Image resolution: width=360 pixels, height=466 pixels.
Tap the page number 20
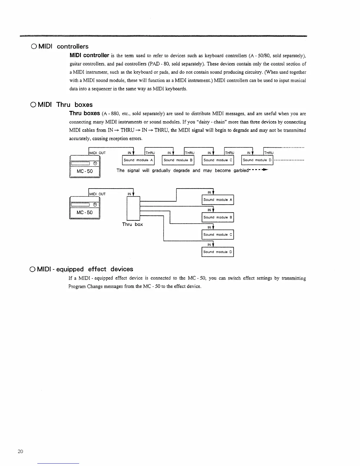coord(20,452)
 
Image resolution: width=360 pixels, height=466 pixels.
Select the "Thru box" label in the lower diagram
coord(132,224)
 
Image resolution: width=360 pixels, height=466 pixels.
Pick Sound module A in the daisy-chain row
coord(138,160)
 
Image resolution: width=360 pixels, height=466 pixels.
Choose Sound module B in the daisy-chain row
coord(178,160)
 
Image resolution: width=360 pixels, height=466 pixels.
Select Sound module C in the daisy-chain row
coord(218,160)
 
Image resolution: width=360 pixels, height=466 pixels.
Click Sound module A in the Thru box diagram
coord(218,200)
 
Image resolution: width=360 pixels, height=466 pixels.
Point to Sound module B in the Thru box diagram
coord(218,217)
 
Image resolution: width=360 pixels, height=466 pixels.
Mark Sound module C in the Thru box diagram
coord(218,235)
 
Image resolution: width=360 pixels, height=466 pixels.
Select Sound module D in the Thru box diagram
coord(218,252)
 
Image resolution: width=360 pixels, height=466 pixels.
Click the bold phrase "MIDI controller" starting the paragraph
coord(89,55)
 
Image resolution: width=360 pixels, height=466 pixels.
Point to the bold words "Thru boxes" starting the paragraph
coord(85,113)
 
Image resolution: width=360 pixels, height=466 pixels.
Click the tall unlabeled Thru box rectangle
coord(133,208)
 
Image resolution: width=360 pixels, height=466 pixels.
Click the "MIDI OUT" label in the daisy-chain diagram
coord(97,153)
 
